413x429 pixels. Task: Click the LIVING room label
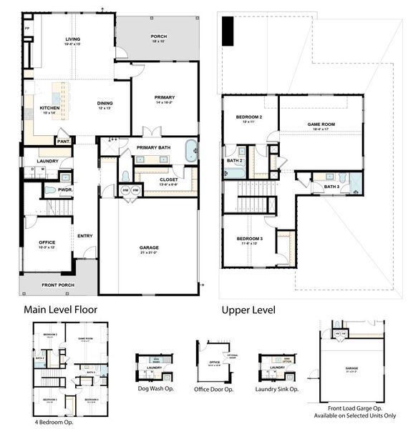72,39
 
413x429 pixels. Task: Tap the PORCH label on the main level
158,36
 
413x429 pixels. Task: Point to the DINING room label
105,104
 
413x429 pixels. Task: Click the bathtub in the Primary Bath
191,151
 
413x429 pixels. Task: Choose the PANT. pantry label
63,142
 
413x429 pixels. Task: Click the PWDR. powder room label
49,190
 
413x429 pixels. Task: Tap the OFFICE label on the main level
47,242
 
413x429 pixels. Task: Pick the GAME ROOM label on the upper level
321,124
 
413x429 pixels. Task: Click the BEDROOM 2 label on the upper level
250,117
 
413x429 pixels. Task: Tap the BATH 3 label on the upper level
331,187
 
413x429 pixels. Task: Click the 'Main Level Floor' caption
61,310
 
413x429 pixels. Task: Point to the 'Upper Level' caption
248,310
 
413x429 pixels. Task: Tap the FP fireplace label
26,29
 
